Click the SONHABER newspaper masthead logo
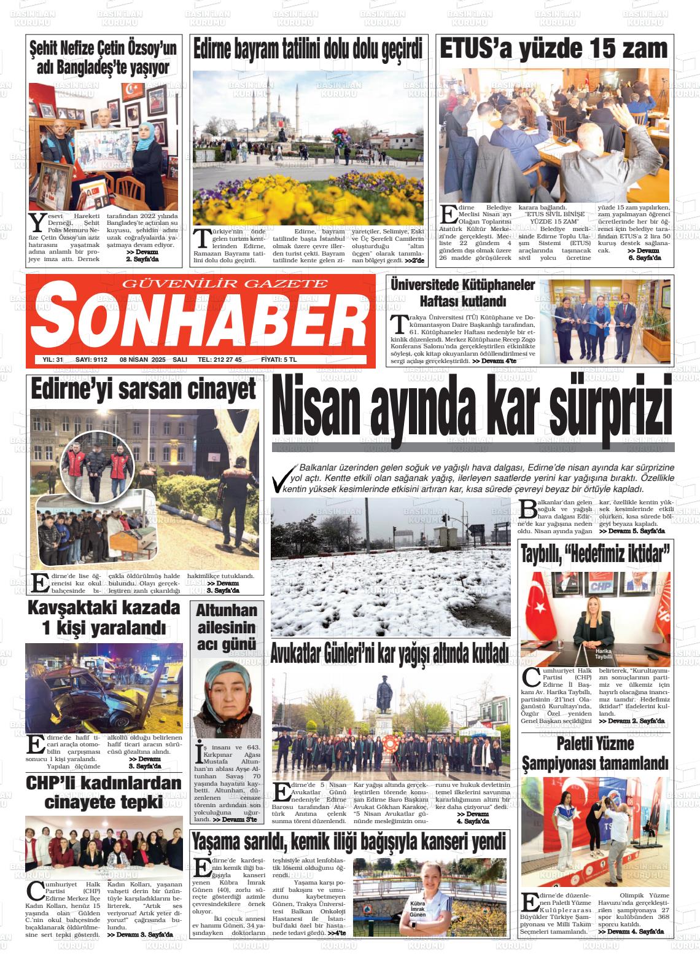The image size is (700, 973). point(200,321)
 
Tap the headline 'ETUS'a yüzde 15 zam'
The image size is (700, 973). point(553,49)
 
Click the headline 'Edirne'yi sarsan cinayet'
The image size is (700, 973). point(143,389)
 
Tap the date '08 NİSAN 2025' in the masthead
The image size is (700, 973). point(143,360)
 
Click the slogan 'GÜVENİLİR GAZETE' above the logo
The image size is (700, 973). point(225,284)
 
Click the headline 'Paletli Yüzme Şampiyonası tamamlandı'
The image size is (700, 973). point(594,754)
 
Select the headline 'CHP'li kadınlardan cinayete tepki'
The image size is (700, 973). point(104,792)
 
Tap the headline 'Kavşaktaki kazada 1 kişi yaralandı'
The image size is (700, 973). point(104,618)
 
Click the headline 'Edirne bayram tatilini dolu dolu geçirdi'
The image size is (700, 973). point(308,49)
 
